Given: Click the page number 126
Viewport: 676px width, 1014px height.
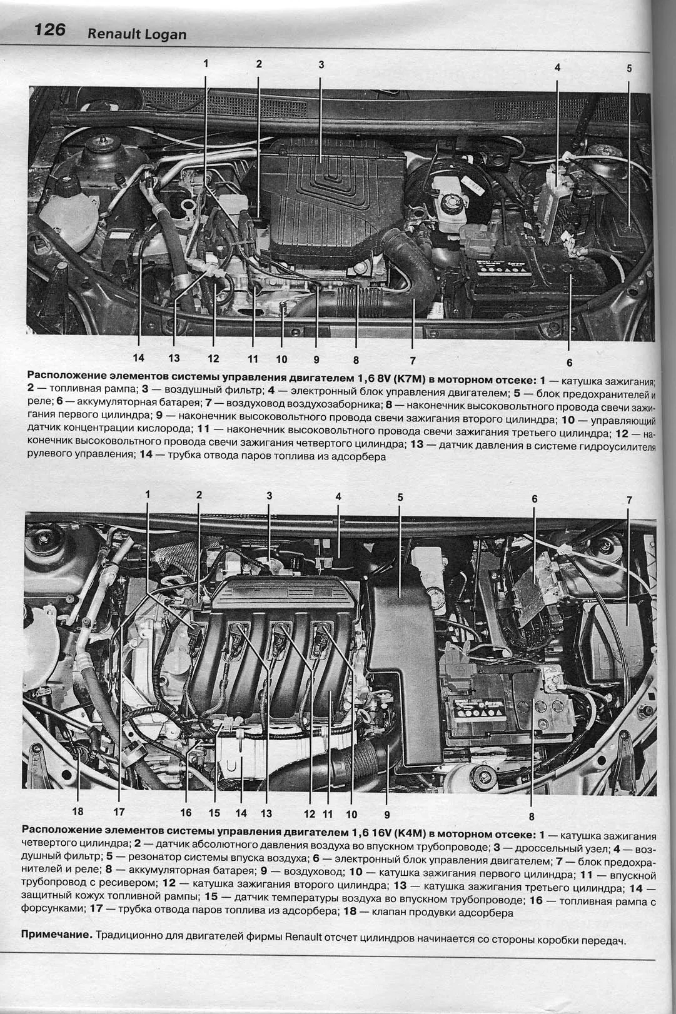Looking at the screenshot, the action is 50,30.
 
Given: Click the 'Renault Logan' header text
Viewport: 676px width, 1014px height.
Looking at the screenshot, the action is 137,34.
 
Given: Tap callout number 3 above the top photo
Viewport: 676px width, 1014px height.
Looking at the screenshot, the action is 321,64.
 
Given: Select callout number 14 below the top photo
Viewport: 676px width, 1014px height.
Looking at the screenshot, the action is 139,358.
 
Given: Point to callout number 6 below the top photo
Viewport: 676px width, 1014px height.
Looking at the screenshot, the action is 569,363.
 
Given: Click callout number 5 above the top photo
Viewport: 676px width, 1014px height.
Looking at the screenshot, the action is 629,68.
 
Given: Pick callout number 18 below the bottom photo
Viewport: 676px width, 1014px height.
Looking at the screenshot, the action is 78,811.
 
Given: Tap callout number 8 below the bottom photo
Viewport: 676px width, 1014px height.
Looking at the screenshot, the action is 532,816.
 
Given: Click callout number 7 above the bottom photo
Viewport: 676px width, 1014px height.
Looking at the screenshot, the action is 629,499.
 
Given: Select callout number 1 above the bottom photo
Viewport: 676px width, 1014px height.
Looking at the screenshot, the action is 147,494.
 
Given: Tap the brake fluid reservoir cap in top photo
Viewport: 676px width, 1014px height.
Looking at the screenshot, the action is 450,201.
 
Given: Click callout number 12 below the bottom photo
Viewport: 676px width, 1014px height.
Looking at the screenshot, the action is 310,814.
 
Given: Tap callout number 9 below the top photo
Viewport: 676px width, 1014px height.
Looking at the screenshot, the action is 316,359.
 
